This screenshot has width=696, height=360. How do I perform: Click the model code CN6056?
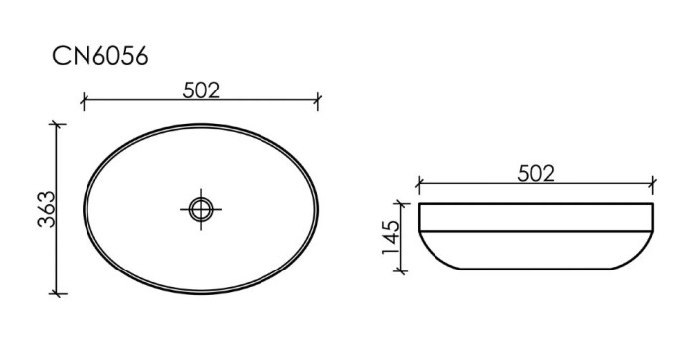(100, 57)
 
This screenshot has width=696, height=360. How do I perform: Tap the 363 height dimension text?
(45, 208)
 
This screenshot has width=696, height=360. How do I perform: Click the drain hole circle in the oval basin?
(201, 209)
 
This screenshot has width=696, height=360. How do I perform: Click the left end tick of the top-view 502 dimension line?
(84, 99)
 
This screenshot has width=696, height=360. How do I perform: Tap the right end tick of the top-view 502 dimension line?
(318, 99)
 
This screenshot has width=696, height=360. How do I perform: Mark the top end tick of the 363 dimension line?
(57, 124)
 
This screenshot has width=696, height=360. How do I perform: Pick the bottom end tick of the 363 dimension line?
(57, 293)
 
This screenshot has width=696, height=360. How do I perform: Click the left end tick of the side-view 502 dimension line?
(420, 184)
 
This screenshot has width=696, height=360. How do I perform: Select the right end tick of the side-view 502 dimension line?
(653, 184)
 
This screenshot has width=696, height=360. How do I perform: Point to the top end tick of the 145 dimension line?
(405, 204)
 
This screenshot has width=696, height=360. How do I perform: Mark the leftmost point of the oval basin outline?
(84, 209)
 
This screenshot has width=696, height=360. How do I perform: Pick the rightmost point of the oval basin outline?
(318, 209)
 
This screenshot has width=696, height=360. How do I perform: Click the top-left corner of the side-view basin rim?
(421, 205)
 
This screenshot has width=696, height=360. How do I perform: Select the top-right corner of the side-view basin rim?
(652, 205)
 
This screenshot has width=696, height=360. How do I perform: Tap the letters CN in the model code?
(71, 57)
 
